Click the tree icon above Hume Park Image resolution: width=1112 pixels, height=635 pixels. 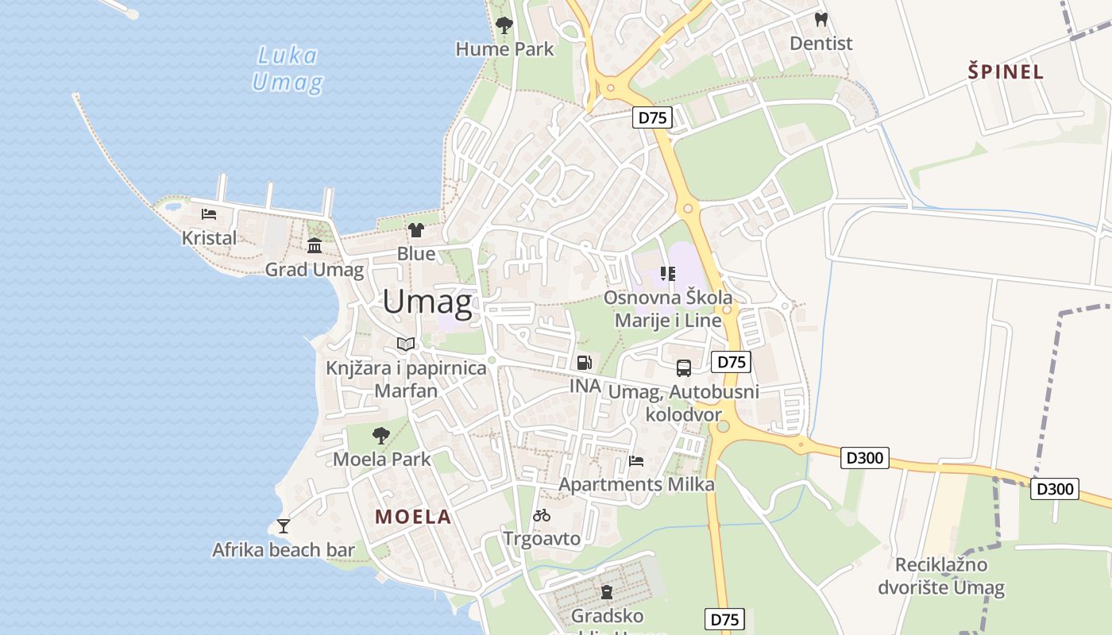(504, 25)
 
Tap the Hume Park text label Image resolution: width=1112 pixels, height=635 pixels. (504, 49)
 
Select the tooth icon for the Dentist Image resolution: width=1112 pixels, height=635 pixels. (821, 20)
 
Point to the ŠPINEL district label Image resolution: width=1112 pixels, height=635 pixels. (1006, 71)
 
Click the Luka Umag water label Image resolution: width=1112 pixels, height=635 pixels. (288, 69)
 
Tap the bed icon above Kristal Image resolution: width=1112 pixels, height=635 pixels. (209, 214)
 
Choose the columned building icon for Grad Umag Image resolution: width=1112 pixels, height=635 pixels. (315, 245)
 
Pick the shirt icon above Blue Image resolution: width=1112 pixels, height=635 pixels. (416, 230)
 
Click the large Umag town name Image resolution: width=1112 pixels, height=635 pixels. (427, 302)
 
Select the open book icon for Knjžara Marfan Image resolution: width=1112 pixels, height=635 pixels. (406, 344)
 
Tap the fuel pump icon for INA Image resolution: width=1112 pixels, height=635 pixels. (585, 363)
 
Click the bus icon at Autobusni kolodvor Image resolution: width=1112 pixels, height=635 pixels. (683, 368)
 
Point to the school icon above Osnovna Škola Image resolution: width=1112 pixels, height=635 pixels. (667, 274)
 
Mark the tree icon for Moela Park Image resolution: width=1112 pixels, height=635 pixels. (381, 435)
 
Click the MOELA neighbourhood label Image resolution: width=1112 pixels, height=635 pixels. (413, 517)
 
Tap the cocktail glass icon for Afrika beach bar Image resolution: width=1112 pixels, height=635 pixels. (283, 525)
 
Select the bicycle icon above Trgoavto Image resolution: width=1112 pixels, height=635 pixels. (542, 515)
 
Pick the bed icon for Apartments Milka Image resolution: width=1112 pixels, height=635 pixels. (636, 460)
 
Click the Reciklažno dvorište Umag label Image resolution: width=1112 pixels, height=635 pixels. (941, 576)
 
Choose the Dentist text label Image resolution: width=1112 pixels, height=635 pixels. (821, 44)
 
